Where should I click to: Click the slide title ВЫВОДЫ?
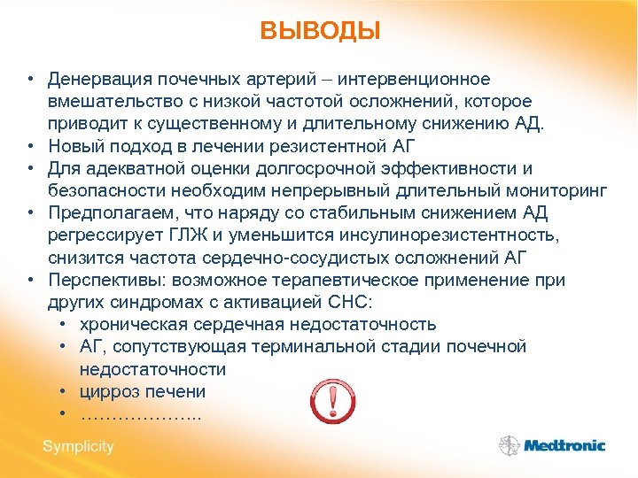320,32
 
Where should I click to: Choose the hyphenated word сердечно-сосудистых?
301,258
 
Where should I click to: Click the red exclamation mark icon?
331,401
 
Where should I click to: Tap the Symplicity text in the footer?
78,446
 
